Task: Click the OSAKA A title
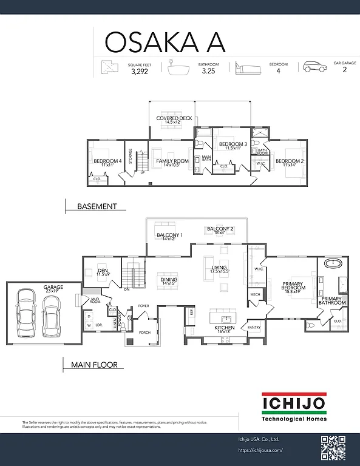point(165,41)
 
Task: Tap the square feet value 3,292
point(140,71)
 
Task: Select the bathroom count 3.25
point(208,71)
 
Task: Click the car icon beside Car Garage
point(315,67)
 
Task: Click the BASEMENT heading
point(97,206)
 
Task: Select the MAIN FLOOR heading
point(93,365)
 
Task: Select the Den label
point(103,272)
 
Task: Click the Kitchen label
point(224,329)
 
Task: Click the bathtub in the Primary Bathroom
point(333,265)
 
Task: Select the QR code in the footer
point(333,448)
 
